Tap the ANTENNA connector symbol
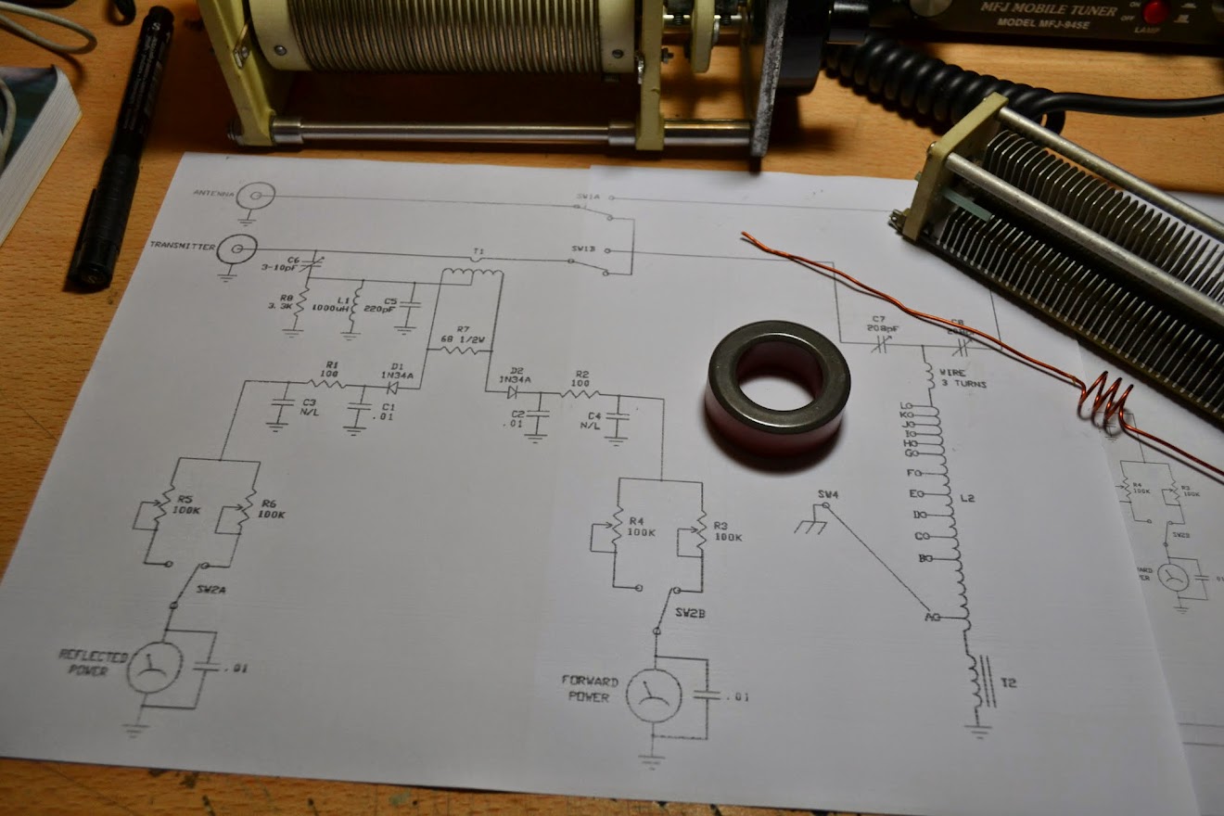coord(255,197)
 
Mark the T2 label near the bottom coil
coord(1009,683)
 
